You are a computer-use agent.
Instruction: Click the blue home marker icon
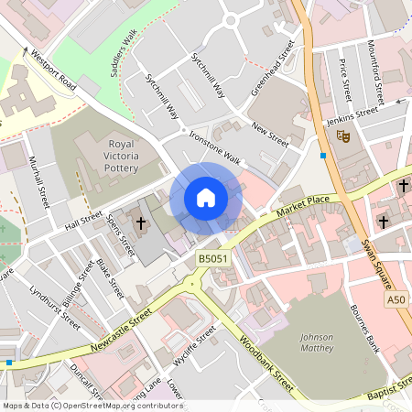206,198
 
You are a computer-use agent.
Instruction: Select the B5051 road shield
212,260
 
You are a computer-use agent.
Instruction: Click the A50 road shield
396,300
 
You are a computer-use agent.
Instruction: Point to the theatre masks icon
344,136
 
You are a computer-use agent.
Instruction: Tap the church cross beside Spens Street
141,222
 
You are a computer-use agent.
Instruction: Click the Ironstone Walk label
213,146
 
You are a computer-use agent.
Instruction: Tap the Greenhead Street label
273,68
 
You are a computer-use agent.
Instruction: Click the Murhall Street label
39,179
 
